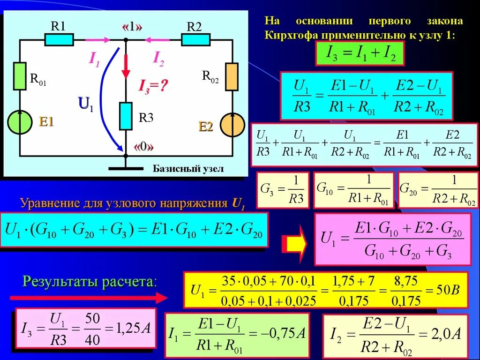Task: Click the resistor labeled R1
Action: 59,40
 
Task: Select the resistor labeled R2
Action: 195,40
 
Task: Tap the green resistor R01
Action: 20,75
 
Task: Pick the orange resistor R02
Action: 232,76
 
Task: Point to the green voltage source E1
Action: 20,122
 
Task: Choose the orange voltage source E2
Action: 232,125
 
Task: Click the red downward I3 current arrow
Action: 126,65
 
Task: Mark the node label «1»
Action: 132,27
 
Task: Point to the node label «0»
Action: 144,147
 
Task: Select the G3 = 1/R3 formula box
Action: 283,190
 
